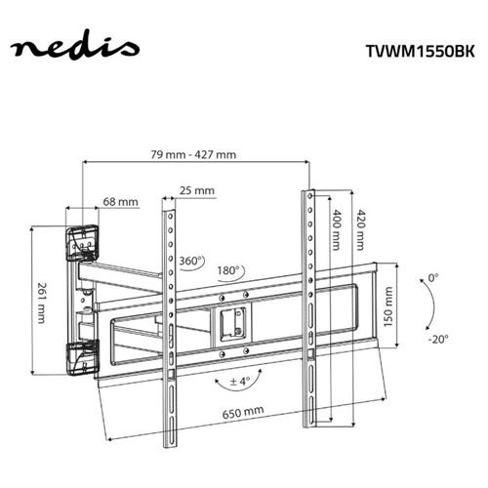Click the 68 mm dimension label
(x=121, y=203)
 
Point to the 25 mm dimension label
(x=198, y=191)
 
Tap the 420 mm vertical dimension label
(x=363, y=231)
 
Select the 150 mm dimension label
(x=389, y=310)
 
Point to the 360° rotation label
(x=192, y=262)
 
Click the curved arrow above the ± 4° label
(x=239, y=363)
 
